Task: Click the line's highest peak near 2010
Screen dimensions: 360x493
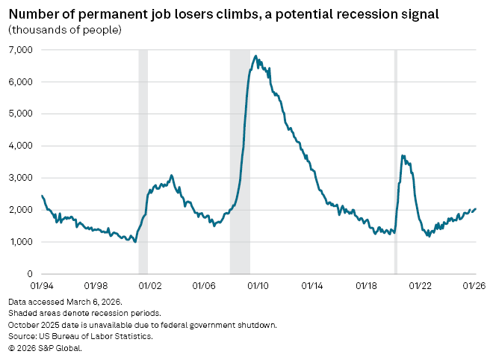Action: tap(256, 55)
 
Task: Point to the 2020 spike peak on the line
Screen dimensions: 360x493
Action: tap(403, 155)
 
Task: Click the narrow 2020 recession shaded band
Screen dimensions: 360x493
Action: tap(395, 149)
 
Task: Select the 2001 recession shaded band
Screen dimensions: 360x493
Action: tap(143, 149)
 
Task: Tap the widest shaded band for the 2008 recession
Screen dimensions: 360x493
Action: tap(240, 149)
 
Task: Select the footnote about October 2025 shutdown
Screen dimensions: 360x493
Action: tap(143, 325)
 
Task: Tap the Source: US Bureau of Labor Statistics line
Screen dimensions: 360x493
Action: tap(81, 336)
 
